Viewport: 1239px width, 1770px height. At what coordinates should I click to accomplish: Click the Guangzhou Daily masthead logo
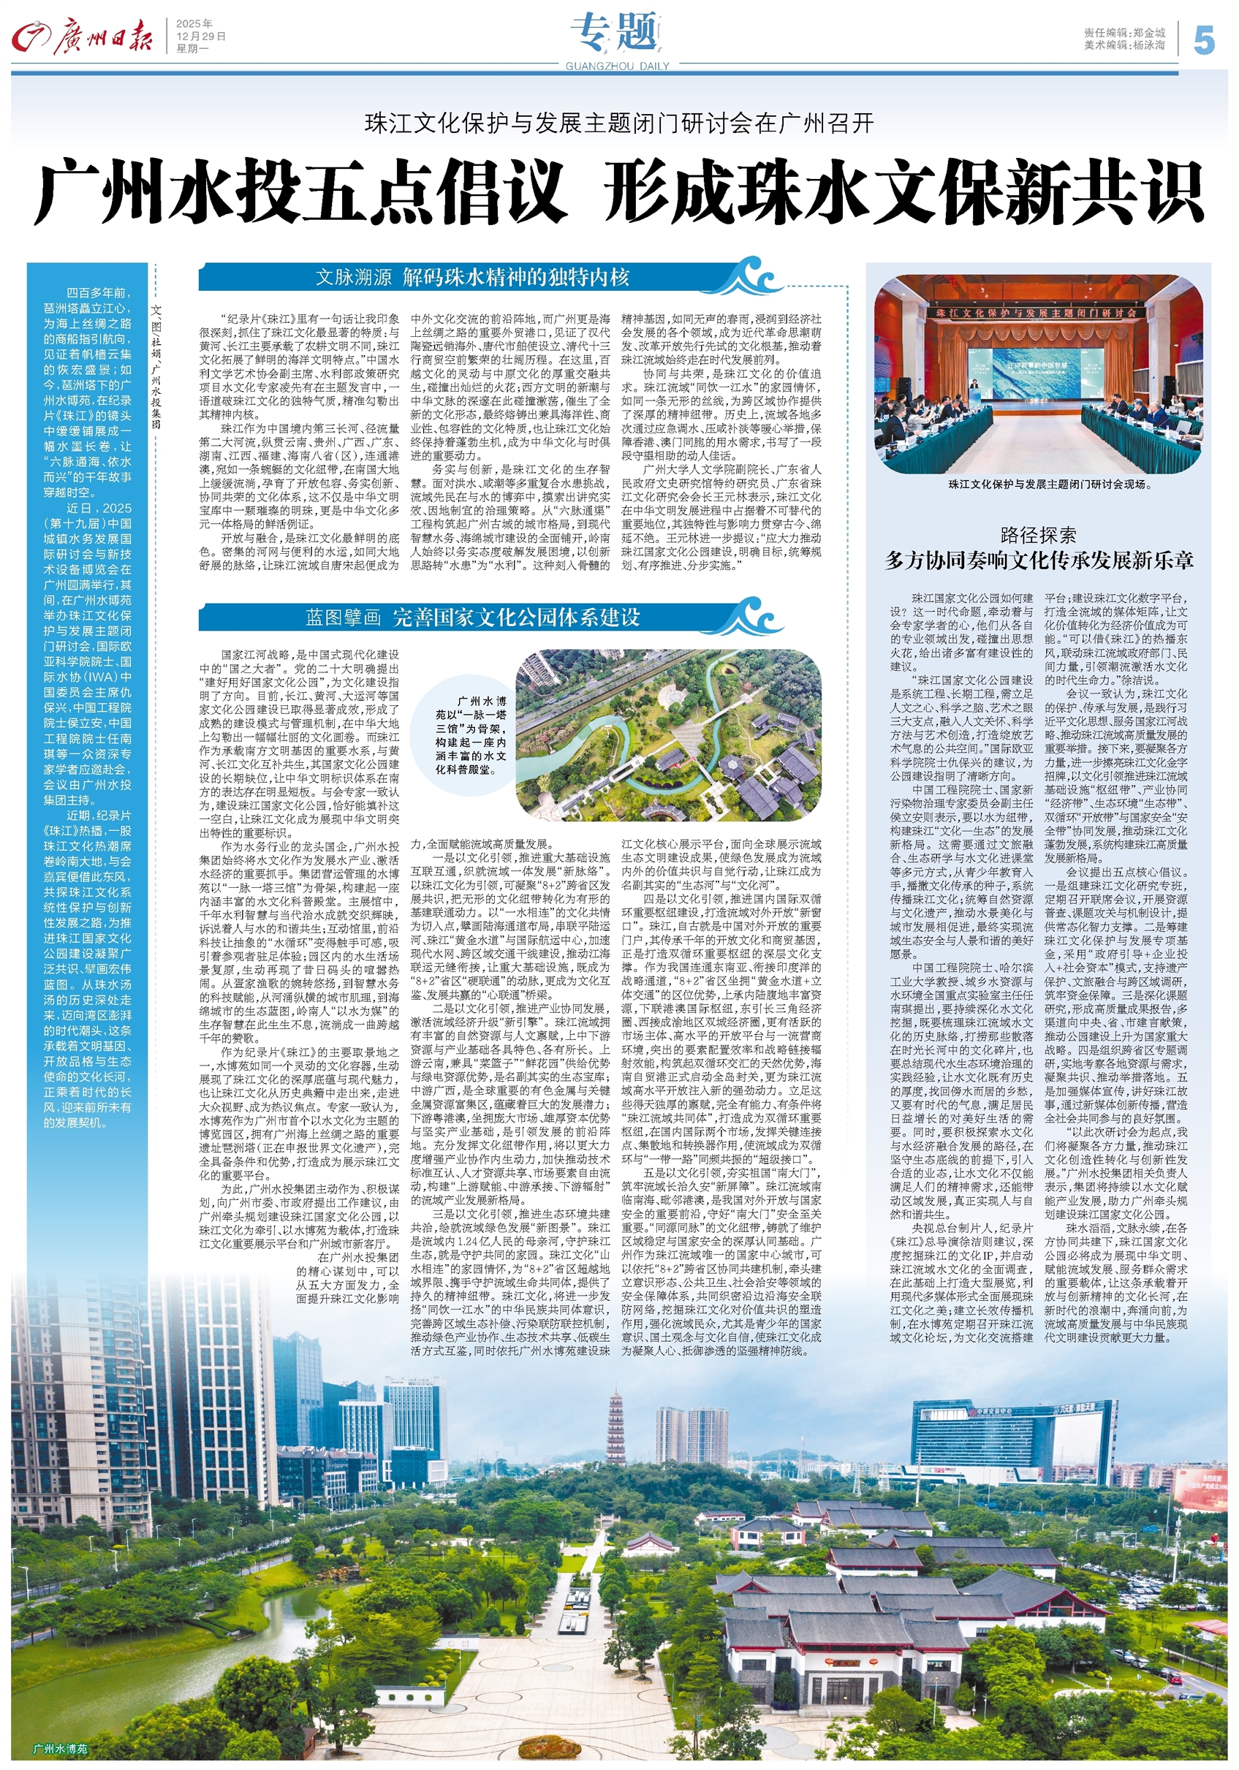pos(82,38)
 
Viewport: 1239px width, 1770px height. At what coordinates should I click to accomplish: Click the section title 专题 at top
pos(615,33)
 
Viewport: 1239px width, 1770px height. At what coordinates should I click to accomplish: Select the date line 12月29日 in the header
pos(200,37)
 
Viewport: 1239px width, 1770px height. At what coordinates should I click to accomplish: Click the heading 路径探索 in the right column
pos(1038,535)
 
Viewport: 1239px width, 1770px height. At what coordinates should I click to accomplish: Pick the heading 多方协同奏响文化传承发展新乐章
pos(1039,561)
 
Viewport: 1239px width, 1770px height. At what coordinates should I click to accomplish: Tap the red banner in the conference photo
pos(1037,314)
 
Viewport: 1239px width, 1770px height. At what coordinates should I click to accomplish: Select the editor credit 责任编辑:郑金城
pos(1124,33)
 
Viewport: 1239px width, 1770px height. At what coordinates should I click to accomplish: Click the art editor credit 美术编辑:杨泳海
pos(1124,45)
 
